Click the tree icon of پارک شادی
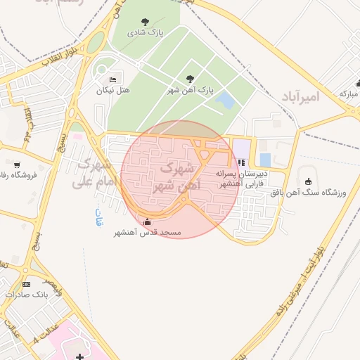146,22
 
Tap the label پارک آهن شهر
191,91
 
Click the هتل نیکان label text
114,91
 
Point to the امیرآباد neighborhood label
300,96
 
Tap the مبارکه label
349,93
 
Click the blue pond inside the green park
226,101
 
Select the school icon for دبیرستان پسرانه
242,162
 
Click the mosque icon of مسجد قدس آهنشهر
146,222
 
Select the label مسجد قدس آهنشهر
148,233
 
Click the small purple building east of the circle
241,149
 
